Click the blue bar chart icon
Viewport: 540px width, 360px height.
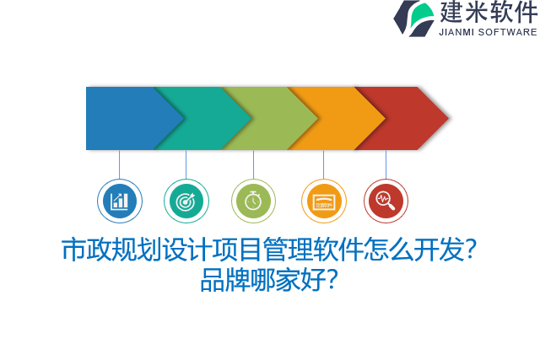(x=119, y=201)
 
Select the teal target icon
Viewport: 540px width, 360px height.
(x=186, y=201)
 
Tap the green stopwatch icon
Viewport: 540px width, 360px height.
(x=253, y=201)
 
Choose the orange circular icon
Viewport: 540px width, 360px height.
(x=323, y=201)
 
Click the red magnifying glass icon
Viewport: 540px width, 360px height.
(x=386, y=201)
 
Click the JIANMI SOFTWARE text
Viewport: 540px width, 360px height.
(x=488, y=32)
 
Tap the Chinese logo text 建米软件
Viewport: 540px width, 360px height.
(x=488, y=13)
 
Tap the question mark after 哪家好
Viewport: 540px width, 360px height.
(x=332, y=280)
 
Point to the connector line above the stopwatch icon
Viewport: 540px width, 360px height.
(x=253, y=164)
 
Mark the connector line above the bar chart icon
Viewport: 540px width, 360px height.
(x=119, y=164)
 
